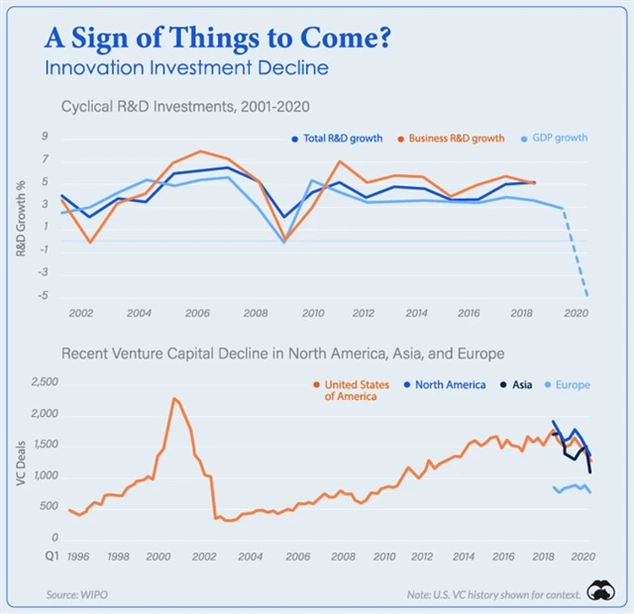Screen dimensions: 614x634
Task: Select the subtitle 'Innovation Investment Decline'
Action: [186, 68]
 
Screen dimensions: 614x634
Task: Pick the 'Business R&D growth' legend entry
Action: [450, 138]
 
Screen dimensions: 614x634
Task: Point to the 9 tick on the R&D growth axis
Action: [45, 137]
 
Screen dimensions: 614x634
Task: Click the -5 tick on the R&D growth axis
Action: [44, 295]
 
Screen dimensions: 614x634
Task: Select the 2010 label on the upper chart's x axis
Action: [313, 313]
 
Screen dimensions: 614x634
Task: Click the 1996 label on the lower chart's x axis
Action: [79, 557]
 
